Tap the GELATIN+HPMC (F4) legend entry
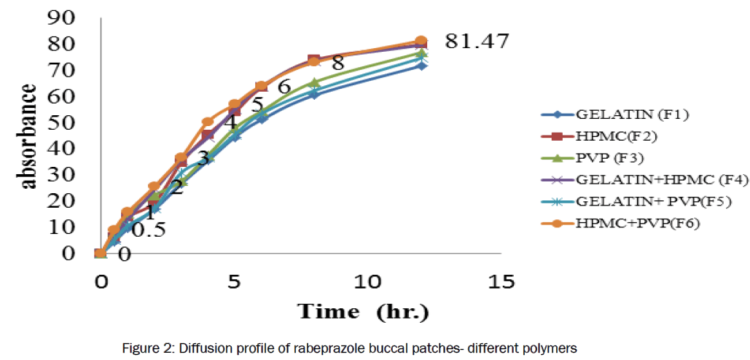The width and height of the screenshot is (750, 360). (x=642, y=179)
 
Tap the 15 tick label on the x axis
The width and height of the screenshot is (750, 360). (x=501, y=281)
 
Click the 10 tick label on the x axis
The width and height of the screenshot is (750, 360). (x=367, y=281)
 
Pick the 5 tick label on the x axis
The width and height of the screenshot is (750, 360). (x=234, y=281)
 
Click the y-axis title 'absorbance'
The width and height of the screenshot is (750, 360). (x=28, y=136)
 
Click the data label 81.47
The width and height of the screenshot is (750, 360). (x=476, y=41)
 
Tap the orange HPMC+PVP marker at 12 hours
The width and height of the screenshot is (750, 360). (x=421, y=42)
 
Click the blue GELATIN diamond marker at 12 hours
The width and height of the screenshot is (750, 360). (x=421, y=66)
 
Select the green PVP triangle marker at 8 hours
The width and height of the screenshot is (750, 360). (x=314, y=82)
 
